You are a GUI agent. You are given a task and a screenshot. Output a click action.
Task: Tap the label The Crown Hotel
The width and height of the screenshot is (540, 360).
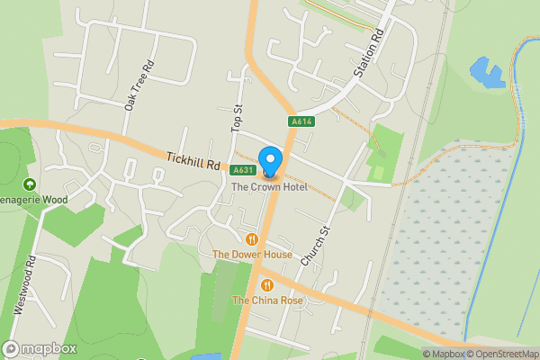coord(269,187)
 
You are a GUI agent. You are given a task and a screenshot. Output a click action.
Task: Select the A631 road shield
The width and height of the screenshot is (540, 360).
coord(241,170)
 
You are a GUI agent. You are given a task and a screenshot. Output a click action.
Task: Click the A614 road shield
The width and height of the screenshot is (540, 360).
coord(301,121)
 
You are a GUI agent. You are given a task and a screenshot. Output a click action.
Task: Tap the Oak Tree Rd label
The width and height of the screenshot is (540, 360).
coord(139,85)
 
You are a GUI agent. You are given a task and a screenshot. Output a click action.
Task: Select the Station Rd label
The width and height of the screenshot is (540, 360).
coord(369,54)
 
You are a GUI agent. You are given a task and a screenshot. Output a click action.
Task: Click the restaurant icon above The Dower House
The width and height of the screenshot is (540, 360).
coord(252,239)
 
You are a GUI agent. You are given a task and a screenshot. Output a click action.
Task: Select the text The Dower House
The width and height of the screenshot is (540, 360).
coord(252,255)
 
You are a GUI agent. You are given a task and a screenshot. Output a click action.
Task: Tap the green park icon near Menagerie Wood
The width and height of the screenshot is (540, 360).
coord(29,184)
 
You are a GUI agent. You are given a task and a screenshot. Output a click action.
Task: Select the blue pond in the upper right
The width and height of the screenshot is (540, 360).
coord(487,71)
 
